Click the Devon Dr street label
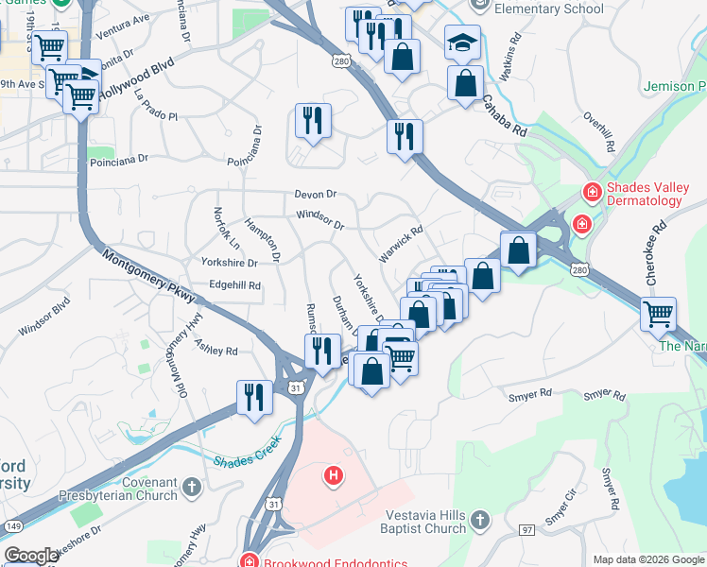(x=316, y=194)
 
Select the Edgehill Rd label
(x=234, y=283)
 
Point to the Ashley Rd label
(x=216, y=349)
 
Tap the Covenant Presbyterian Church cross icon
(x=191, y=488)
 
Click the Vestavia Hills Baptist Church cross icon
(x=480, y=521)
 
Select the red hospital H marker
(x=333, y=475)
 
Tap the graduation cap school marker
(x=463, y=42)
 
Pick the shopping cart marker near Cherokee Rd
(x=658, y=313)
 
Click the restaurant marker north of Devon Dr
(x=313, y=120)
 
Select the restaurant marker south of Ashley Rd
(x=254, y=396)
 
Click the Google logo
(x=31, y=556)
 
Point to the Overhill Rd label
(x=599, y=133)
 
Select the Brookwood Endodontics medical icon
(x=249, y=560)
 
